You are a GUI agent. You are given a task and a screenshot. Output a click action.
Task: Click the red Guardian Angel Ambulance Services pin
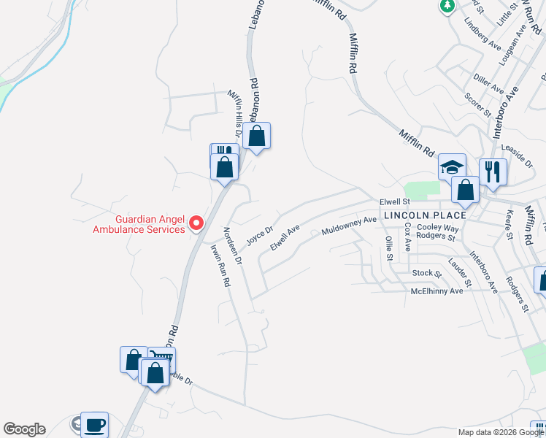tap(196, 223)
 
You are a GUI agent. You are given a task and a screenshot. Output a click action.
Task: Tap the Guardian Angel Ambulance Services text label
tap(139, 224)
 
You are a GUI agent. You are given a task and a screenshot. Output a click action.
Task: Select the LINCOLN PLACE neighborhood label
tap(424, 215)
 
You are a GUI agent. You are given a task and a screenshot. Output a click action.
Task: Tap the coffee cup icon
tap(93, 424)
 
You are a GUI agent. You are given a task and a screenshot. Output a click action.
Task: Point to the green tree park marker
tap(447, 7)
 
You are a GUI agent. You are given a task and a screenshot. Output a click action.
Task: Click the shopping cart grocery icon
tap(163, 358)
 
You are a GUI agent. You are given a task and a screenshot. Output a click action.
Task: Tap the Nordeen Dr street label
tap(232, 249)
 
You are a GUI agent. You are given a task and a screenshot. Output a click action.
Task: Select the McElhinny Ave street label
tap(437, 291)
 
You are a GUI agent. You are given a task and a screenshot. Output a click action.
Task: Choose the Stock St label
tap(426, 273)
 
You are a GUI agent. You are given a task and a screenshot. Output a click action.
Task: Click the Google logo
tap(24, 429)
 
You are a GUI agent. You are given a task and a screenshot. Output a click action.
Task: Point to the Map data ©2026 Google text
tap(501, 432)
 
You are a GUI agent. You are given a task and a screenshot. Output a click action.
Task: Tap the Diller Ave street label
tap(488, 83)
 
